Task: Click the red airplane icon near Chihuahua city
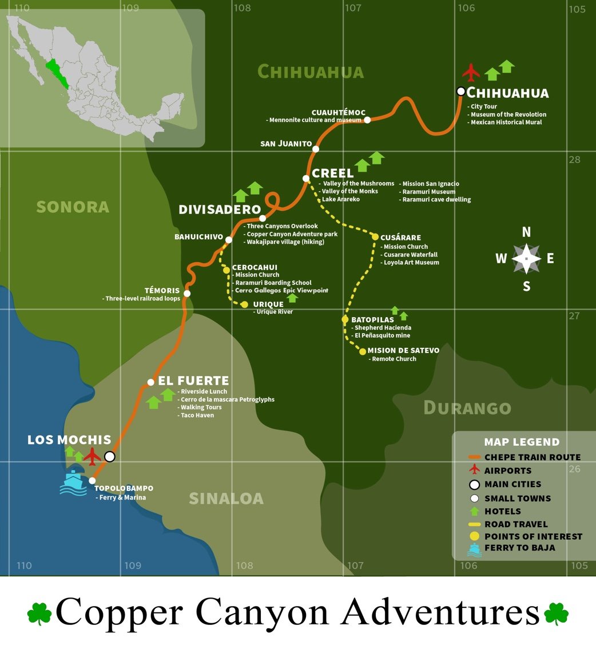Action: pyautogui.click(x=471, y=73)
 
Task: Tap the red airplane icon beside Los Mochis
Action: pyautogui.click(x=92, y=456)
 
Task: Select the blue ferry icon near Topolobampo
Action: pyautogui.click(x=73, y=482)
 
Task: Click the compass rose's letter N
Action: pyautogui.click(x=526, y=232)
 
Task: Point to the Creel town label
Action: pyautogui.click(x=332, y=173)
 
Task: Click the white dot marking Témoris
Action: pyautogui.click(x=187, y=294)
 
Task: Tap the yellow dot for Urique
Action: pyautogui.click(x=245, y=304)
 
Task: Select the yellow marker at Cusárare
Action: pyautogui.click(x=375, y=237)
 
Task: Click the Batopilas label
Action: pyautogui.click(x=372, y=319)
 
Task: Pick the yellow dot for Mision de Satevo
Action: pyautogui.click(x=363, y=351)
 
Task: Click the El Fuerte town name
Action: pyautogui.click(x=193, y=381)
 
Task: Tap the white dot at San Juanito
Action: pyautogui.click(x=316, y=149)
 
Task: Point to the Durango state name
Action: pyautogui.click(x=467, y=407)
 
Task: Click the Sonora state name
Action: pyautogui.click(x=73, y=207)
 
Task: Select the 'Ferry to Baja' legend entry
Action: pyautogui.click(x=519, y=548)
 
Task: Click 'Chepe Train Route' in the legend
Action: pyautogui.click(x=532, y=457)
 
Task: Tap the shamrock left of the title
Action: pyautogui.click(x=39, y=613)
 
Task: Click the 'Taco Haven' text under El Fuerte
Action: pyautogui.click(x=197, y=415)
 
